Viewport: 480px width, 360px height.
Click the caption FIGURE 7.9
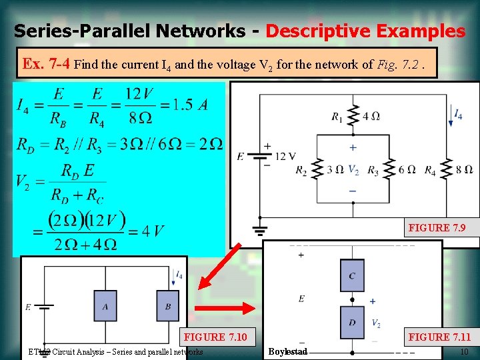(x=437, y=228)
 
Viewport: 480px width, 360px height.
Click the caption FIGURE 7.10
(x=215, y=337)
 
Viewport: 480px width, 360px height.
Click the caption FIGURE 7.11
(x=439, y=337)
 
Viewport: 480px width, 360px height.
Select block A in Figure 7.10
(x=105, y=306)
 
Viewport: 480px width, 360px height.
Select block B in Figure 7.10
(x=168, y=306)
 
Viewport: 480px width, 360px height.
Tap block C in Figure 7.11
(x=352, y=275)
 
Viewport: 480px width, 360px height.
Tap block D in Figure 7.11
(x=352, y=322)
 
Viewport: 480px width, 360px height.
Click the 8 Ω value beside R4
(x=464, y=169)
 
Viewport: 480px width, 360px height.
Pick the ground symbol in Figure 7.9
(x=259, y=231)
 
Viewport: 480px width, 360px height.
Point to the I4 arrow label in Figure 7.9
(x=458, y=115)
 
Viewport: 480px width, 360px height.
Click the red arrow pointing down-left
(x=219, y=266)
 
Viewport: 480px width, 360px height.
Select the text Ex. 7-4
(x=47, y=65)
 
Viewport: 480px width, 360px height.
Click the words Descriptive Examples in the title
(x=365, y=31)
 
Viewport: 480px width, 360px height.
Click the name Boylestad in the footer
(x=287, y=351)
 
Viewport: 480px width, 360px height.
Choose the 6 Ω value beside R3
(x=407, y=169)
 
